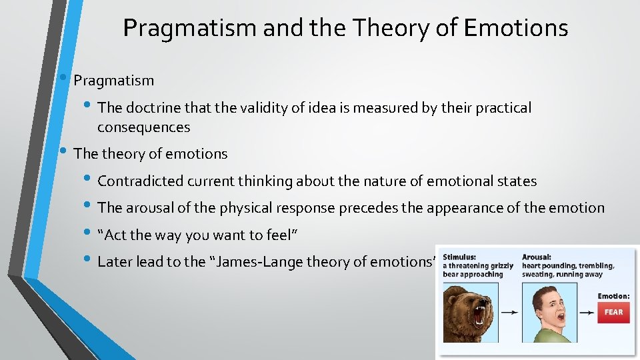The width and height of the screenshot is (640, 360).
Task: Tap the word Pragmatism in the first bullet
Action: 114,81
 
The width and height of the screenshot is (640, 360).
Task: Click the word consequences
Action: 143,127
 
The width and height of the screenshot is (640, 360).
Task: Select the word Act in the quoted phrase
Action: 115,235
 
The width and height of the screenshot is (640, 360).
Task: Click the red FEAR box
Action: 613,312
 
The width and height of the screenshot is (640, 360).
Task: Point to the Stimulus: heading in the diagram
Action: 463,256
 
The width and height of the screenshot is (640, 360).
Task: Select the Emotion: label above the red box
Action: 613,296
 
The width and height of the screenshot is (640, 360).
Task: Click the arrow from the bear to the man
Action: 510,312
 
